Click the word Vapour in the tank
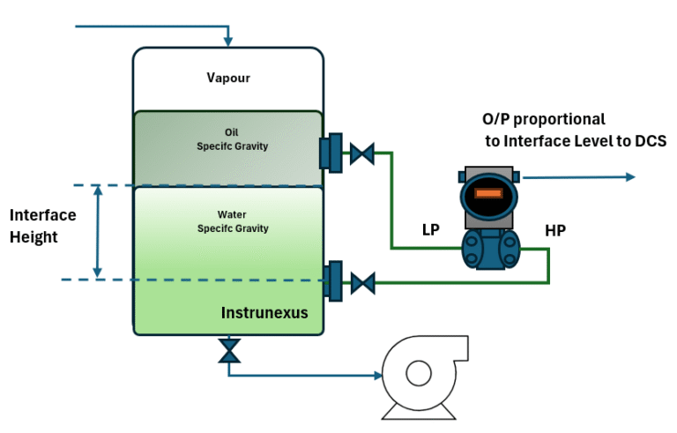tap(228, 78)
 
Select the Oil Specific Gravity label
tap(232, 139)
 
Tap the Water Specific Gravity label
tap(232, 221)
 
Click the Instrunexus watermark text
tap(264, 311)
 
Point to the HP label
tap(555, 231)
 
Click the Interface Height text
tap(42, 226)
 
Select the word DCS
tap(648, 141)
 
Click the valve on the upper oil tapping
tap(361, 153)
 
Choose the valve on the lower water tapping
tap(361, 283)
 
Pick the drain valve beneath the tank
tap(229, 351)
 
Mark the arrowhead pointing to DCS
tap(629, 177)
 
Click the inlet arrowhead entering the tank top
tap(228, 41)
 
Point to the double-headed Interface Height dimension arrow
tap(98, 232)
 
